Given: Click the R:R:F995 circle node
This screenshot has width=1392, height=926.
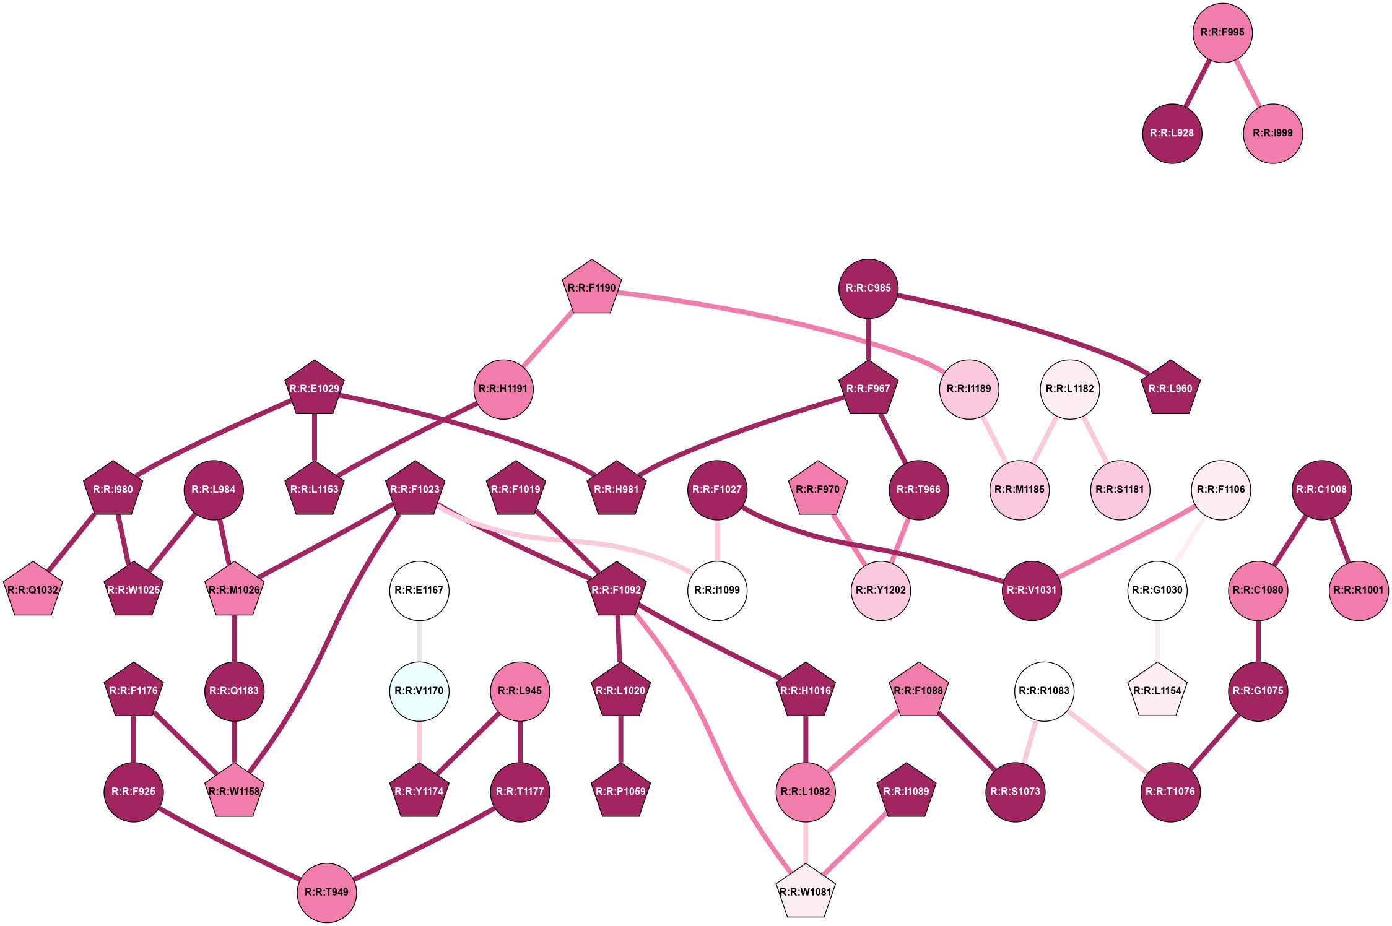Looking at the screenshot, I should (x=1222, y=33).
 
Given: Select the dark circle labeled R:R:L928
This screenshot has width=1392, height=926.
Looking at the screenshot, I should (x=1172, y=134).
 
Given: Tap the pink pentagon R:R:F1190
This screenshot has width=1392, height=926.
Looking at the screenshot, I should (x=591, y=288).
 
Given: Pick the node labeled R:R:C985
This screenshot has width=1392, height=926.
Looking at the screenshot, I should (x=868, y=288).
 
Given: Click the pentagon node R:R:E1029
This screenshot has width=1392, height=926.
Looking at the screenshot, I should (x=315, y=389).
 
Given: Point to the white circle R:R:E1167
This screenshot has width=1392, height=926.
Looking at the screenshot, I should (x=419, y=591).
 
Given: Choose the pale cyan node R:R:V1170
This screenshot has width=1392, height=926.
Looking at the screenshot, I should (x=419, y=691).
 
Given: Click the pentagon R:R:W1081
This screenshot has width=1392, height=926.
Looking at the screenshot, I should (x=806, y=893).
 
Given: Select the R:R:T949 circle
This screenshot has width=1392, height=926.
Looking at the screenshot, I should (x=327, y=893).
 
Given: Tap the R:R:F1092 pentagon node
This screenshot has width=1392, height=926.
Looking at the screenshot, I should (x=617, y=591).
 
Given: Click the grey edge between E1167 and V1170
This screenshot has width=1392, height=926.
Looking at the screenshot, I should (x=419, y=641).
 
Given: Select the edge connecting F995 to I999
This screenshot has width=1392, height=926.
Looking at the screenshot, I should (x=1248, y=83).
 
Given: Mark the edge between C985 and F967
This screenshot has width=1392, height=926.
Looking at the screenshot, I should (x=868, y=338).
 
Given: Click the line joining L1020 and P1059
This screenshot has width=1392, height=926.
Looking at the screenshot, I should (x=620, y=741).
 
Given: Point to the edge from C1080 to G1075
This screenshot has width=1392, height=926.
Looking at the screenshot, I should (x=1258, y=641).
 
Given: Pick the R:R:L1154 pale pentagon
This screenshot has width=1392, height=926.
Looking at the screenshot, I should (x=1157, y=691).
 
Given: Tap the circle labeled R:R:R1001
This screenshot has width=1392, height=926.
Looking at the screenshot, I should (x=1359, y=591).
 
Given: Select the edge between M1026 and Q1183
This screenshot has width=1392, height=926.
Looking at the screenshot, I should (x=234, y=641).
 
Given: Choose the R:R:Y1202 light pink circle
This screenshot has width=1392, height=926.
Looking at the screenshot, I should (x=881, y=591).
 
